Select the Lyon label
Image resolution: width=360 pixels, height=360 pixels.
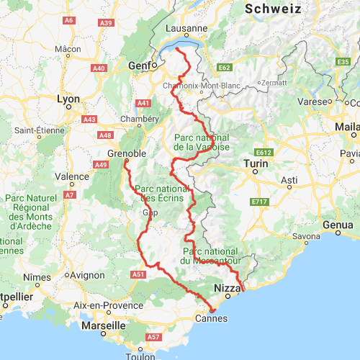pyautogui.click(x=68, y=99)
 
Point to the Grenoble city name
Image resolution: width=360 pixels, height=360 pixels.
pyautogui.click(x=127, y=154)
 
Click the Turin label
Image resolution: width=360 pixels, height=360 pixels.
pyautogui.click(x=256, y=164)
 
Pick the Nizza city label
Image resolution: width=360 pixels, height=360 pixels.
pyautogui.click(x=227, y=289)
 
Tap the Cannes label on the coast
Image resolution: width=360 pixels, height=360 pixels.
pyautogui.click(x=211, y=318)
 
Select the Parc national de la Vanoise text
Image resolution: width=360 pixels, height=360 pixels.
pyautogui.click(x=202, y=142)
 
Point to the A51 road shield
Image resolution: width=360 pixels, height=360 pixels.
pyautogui.click(x=140, y=274)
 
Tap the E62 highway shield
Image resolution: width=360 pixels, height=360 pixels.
pyautogui.click(x=224, y=67)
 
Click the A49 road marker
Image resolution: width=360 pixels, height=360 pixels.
pyautogui.click(x=101, y=165)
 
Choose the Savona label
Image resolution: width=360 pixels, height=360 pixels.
pyautogui.click(x=306, y=236)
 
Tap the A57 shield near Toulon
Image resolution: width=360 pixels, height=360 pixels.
pyautogui.click(x=153, y=336)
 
